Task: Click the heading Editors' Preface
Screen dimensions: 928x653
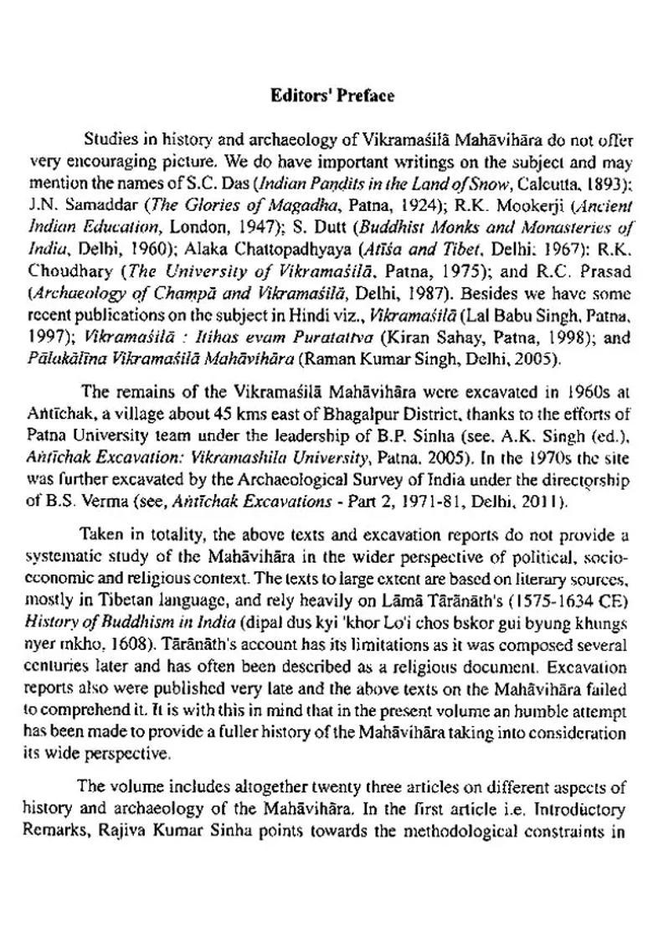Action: tap(332, 95)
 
